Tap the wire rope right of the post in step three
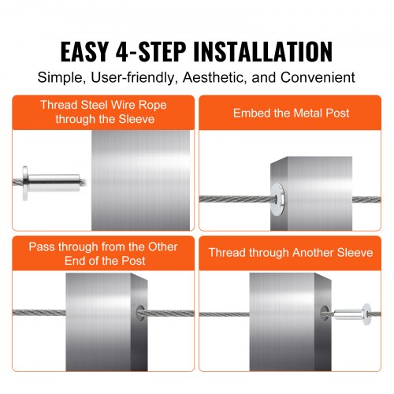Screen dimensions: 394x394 169,315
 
